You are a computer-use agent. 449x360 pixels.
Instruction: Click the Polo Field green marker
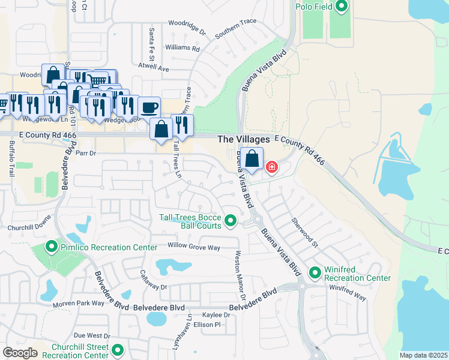tap(342, 7)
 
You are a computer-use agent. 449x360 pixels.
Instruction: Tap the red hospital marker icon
tap(271, 166)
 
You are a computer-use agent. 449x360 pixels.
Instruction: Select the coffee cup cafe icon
tap(149, 108)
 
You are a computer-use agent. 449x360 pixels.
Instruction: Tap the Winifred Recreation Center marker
tap(315, 274)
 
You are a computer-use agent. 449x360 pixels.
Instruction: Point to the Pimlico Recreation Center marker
tap(52, 247)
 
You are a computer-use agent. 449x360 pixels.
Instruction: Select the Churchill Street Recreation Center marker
tap(117, 350)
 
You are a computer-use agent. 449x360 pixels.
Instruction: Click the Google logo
tap(20, 353)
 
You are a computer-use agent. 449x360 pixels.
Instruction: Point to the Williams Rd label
tap(182, 47)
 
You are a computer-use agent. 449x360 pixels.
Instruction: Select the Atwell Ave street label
tap(154, 68)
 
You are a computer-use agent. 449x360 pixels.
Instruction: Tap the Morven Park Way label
tap(79, 304)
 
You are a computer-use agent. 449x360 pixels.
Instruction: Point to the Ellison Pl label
tap(206, 325)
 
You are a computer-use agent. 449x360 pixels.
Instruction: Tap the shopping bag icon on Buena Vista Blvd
tap(253, 159)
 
